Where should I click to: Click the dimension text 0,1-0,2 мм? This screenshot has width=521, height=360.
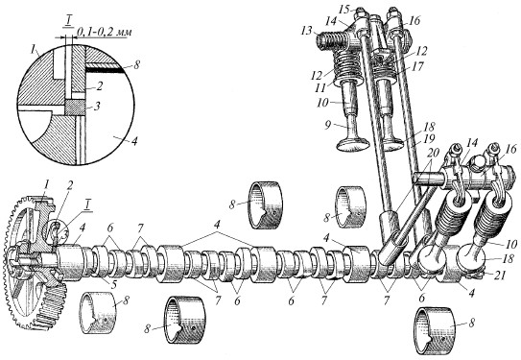pyautogui.click(x=105, y=32)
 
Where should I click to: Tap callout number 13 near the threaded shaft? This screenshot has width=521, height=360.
pyautogui.click(x=307, y=31)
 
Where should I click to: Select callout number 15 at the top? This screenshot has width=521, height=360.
pyautogui.click(x=344, y=9)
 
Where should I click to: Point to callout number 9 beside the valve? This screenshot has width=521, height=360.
pyautogui.click(x=328, y=125)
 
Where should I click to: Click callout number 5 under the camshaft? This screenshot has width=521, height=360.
pyautogui.click(x=114, y=285)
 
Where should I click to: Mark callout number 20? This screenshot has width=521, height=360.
pyautogui.click(x=433, y=153)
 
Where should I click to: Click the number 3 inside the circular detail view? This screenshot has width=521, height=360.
pyautogui.click(x=96, y=107)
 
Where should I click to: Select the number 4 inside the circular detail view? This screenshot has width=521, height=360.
pyautogui.click(x=133, y=142)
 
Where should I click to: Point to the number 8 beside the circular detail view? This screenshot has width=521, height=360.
pyautogui.click(x=135, y=64)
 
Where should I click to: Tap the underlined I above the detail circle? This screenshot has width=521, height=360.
pyautogui.click(x=68, y=22)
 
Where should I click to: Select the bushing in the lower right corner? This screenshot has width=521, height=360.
pyautogui.click(x=435, y=330)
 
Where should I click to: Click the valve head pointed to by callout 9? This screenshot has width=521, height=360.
pyautogui.click(x=354, y=145)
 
